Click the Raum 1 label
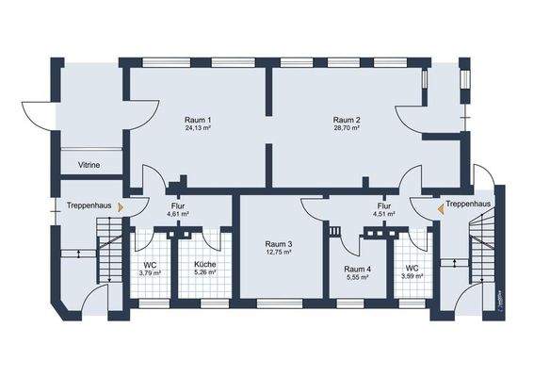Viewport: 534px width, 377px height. (198, 120)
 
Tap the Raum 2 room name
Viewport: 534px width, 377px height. (348, 120)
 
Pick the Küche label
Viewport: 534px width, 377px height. (205, 265)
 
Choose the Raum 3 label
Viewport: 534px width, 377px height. (278, 244)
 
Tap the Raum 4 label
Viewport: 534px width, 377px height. (358, 269)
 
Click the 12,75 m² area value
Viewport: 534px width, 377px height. (278, 253)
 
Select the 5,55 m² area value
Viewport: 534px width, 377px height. (358, 277)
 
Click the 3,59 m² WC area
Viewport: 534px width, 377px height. (413, 276)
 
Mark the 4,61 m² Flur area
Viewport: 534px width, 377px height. (178, 214)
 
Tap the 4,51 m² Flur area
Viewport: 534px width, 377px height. (384, 214)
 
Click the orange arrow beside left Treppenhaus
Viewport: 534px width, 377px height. (119, 205)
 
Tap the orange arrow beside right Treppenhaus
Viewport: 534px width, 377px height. (438, 204)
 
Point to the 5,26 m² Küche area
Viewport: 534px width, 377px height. (205, 273)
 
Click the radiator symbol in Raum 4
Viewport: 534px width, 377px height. (333, 229)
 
